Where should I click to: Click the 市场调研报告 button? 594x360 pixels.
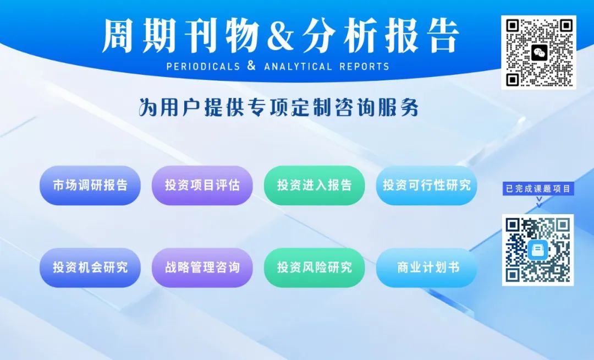click(x=90, y=186)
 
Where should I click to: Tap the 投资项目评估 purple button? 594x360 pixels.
click(x=202, y=186)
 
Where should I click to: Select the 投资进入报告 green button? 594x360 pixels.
click(x=315, y=186)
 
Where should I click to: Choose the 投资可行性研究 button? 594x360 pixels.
click(x=427, y=186)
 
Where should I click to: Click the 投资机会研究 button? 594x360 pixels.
click(x=90, y=268)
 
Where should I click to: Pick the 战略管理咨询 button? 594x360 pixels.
click(x=202, y=268)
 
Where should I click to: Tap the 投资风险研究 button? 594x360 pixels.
click(x=315, y=268)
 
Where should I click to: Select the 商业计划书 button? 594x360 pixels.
click(x=427, y=268)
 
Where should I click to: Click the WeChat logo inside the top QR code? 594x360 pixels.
click(x=539, y=53)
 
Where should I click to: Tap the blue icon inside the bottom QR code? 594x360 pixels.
click(x=538, y=250)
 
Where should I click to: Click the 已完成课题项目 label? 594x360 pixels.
click(x=538, y=189)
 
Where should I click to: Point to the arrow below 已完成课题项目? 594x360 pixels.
click(x=538, y=202)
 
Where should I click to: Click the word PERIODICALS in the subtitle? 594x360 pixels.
click(x=203, y=67)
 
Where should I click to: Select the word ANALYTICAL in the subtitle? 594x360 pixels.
click(x=298, y=67)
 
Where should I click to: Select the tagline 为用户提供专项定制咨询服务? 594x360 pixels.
click(x=279, y=107)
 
